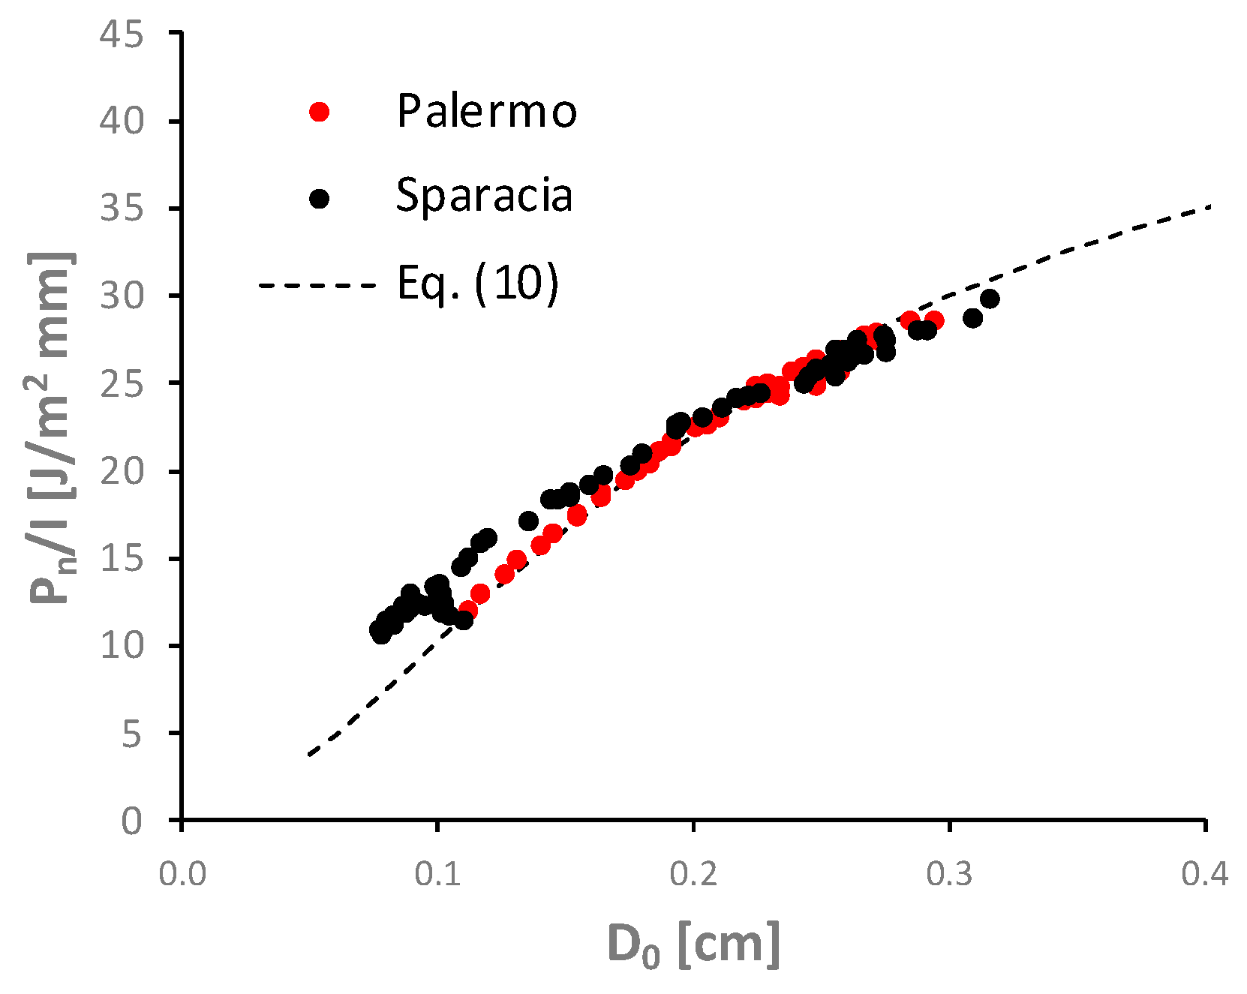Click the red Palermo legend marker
click(x=320, y=112)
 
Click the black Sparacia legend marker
click(x=320, y=199)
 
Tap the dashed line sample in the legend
click(x=317, y=285)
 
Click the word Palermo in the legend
click(x=486, y=111)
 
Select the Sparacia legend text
click(x=484, y=196)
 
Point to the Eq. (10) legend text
click(x=478, y=284)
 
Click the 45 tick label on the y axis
click(x=122, y=35)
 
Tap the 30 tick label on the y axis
click(x=122, y=296)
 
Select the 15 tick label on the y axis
click(x=122, y=559)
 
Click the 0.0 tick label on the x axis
click(x=182, y=875)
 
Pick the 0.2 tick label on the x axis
click(x=694, y=875)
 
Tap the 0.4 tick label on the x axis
click(x=1205, y=875)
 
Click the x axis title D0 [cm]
click(x=693, y=945)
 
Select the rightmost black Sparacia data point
click(x=990, y=299)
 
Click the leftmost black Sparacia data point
click(x=378, y=629)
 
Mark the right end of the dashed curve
click(x=1209, y=206)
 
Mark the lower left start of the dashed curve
click(x=309, y=754)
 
